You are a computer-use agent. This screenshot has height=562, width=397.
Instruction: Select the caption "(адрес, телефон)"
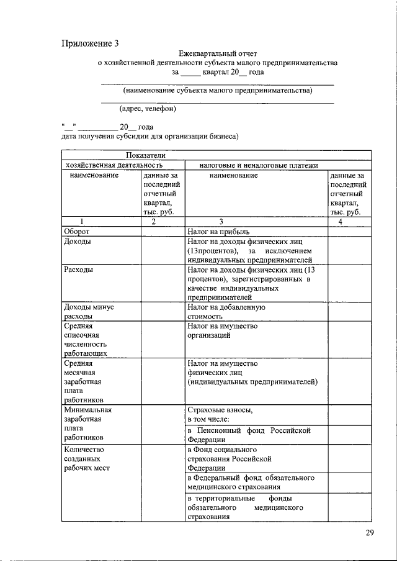148,109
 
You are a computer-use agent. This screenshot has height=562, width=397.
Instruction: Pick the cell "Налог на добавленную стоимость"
226,311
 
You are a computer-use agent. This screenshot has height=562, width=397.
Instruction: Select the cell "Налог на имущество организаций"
222,330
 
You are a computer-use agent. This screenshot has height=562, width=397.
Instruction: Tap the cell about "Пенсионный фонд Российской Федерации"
249,435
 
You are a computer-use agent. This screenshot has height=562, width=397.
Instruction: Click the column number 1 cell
81,222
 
